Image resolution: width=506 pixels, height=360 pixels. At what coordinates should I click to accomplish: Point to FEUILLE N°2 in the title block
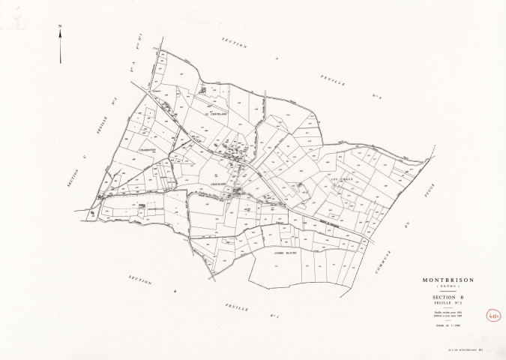[x=447, y=305]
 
